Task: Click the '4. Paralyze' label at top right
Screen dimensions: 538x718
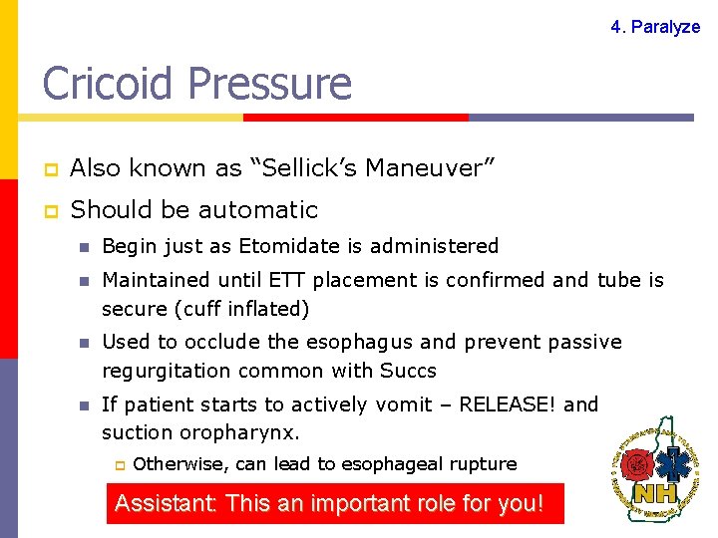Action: tap(655, 27)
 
